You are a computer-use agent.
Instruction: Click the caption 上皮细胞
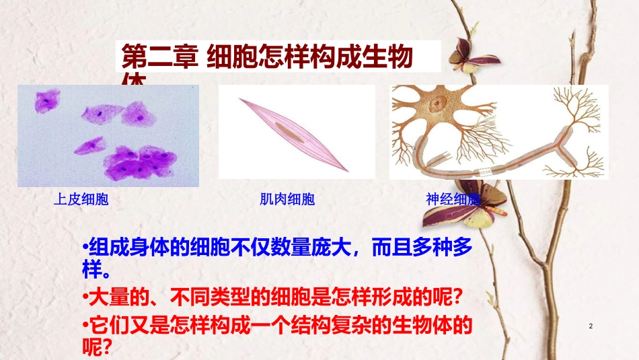81,199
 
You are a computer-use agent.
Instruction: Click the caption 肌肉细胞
287,199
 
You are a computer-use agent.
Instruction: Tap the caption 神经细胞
453,199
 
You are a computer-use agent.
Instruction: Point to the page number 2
591,326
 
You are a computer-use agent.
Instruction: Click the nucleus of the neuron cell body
439,104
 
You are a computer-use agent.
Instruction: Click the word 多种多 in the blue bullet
448,248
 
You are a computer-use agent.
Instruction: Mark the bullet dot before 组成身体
84,248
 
